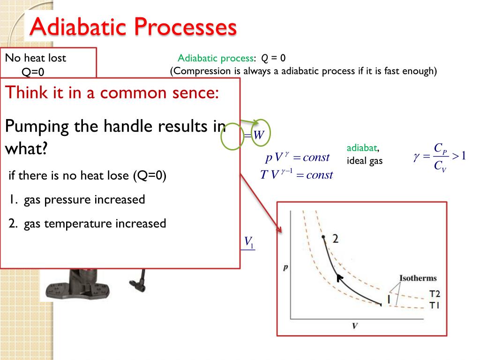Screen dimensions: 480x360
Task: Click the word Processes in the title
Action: point(185,27)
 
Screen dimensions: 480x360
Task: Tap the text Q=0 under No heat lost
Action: point(33,72)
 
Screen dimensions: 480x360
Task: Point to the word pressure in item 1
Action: point(67,200)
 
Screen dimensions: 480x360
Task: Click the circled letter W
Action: point(259,135)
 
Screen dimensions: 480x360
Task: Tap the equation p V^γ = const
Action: point(297,157)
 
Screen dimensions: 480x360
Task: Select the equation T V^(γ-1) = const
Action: point(296,174)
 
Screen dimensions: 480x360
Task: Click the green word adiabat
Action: point(362,148)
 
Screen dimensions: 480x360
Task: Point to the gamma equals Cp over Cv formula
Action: point(439,157)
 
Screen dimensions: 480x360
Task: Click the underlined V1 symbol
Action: point(249,242)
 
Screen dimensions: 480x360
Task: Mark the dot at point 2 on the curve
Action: point(323,237)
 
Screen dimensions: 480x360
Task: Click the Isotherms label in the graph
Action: point(418,278)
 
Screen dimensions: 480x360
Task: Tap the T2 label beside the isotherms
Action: point(435,294)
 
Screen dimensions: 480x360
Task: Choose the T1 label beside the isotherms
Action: point(435,305)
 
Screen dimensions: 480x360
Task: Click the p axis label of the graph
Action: point(285,267)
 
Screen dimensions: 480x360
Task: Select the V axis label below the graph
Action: point(355,326)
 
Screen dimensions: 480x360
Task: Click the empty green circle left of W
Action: point(221,137)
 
